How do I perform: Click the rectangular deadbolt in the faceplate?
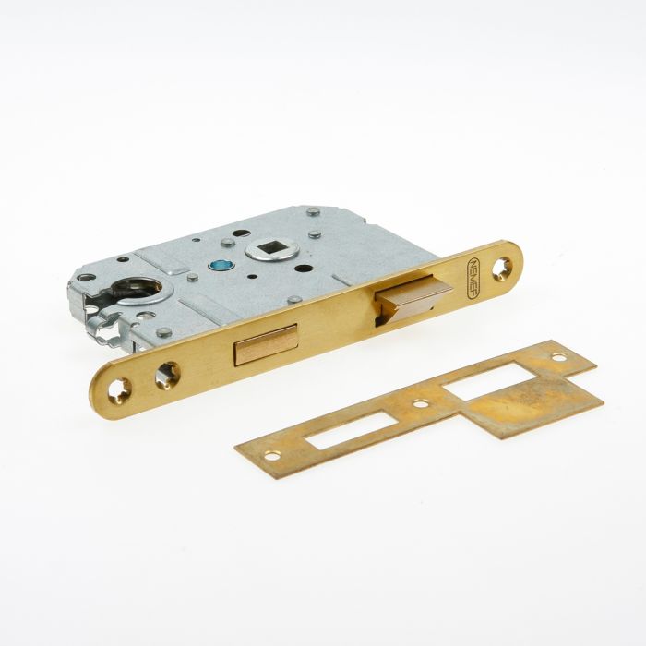[x=266, y=345]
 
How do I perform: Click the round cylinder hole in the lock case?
[x=137, y=288]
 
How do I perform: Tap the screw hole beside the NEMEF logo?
[x=502, y=269]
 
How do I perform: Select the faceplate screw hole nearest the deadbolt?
[x=167, y=375]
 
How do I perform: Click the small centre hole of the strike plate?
[x=421, y=403]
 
